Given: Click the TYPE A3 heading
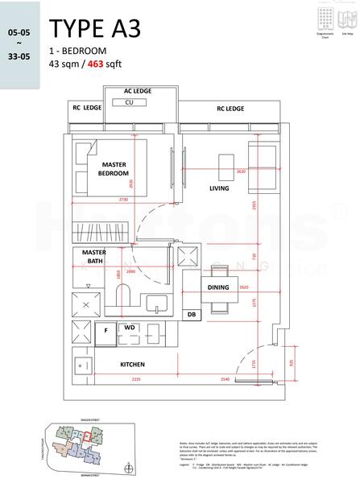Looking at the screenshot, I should point(94,29).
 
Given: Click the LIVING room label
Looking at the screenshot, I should point(219,189).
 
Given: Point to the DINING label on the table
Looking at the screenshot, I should point(218,287).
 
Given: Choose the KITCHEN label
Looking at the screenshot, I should point(132,364).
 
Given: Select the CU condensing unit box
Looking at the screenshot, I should point(129,103).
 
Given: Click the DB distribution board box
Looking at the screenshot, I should point(192,315).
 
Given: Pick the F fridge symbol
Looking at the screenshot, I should point(106,330).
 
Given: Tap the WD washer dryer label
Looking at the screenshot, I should point(129,328).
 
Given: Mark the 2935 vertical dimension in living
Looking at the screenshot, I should point(253,205).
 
